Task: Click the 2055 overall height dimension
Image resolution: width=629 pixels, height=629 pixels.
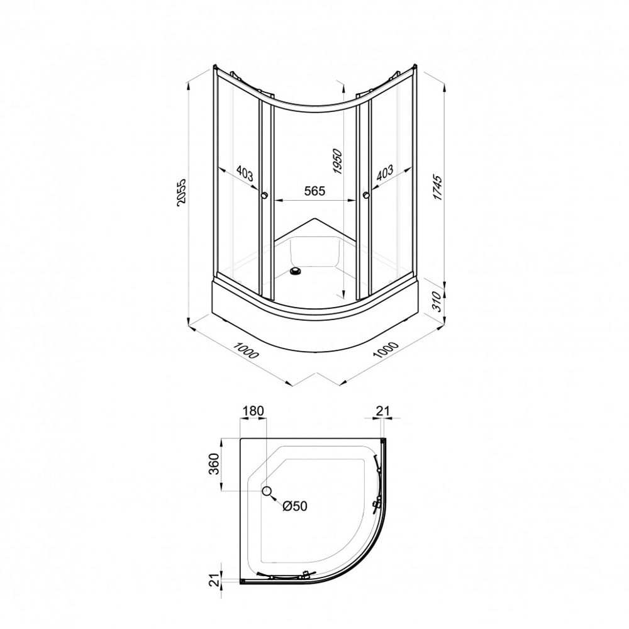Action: tap(181, 192)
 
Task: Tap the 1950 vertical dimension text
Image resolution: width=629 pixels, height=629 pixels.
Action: tap(338, 161)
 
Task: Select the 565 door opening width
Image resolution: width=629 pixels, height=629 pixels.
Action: tap(314, 191)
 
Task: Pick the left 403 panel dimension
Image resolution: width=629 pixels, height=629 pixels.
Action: tap(245, 174)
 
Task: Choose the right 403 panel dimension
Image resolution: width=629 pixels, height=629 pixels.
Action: tap(384, 173)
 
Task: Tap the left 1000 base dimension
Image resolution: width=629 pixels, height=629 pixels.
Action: tap(246, 350)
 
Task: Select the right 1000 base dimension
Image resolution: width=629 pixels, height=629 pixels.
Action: tap(386, 350)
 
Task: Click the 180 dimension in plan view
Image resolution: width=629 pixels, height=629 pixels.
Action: tap(253, 411)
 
